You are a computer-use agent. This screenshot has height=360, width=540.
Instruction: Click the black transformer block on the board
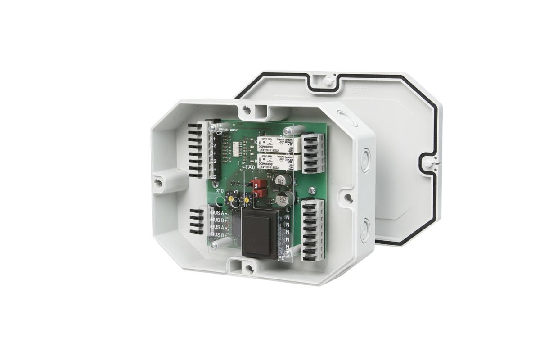tap(258, 233)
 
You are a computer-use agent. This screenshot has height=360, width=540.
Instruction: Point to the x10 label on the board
tap(220, 190)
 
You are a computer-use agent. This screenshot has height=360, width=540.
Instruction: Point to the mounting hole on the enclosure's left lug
tap(157, 182)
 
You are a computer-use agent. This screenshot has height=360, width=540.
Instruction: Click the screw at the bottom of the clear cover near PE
tap(288, 254)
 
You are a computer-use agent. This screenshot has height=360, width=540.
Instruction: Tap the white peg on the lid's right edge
tap(429, 161)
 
